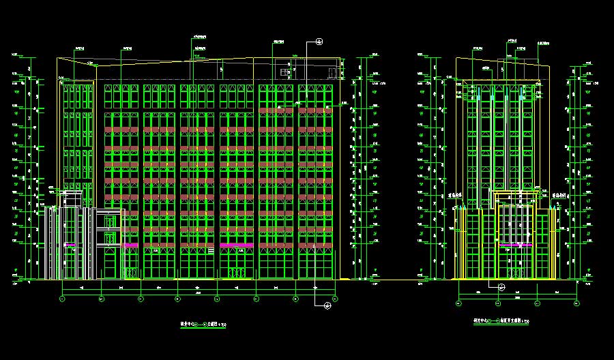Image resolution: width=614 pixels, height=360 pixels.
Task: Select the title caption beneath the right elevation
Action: tap(501, 320)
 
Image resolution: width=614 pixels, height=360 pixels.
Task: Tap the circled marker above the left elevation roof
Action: tap(319, 42)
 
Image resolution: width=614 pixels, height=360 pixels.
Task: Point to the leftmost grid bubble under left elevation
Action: tap(62, 299)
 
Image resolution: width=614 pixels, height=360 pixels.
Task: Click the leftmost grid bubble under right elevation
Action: tap(459, 303)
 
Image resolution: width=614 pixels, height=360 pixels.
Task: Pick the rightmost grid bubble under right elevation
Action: tap(576, 303)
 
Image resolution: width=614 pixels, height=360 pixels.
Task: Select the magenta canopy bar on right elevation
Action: tap(516, 244)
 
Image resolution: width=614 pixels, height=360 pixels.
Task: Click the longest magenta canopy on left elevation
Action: tap(236, 245)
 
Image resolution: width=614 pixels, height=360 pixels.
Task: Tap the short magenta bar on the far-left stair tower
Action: tap(70, 244)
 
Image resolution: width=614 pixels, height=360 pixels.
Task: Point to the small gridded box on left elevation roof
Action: tap(285, 72)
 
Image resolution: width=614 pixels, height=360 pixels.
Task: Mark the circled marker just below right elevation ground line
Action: tap(501, 286)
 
